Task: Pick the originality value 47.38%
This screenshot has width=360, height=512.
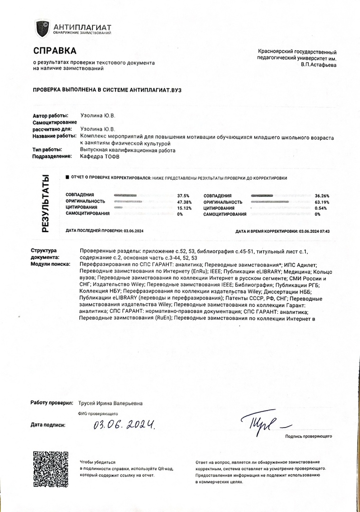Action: coord(184,201)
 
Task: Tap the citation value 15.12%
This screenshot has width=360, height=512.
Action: coord(184,208)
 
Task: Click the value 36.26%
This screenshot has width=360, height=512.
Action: coord(322,196)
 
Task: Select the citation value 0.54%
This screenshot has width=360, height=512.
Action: coord(321,208)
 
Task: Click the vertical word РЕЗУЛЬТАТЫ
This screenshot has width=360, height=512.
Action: coord(45,203)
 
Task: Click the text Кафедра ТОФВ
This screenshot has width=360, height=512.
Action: coord(100,156)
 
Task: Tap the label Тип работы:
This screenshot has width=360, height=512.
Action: coord(47,150)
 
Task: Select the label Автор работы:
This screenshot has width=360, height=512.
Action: coord(50,116)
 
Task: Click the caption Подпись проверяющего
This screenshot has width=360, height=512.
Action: coord(308,436)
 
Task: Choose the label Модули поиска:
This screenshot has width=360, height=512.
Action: coord(50,264)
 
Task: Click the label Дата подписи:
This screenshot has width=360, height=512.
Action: coord(48,425)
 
